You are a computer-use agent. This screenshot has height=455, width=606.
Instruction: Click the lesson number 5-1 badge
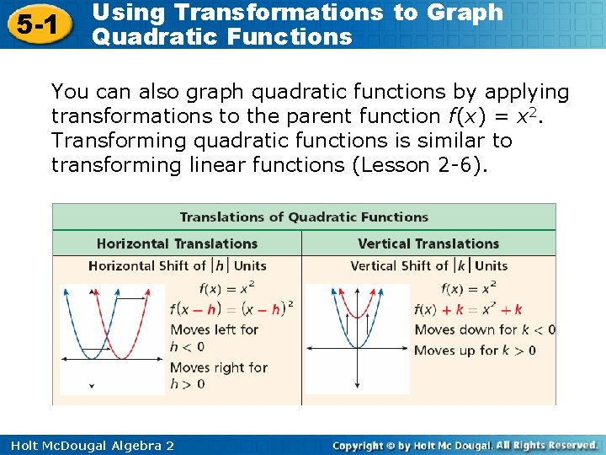coord(35,25)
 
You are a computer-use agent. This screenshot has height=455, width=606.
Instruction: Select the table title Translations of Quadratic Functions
coord(304,217)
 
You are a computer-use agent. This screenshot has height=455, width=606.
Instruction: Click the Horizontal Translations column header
coord(177,244)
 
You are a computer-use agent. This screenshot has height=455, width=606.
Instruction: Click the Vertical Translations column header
coord(428,244)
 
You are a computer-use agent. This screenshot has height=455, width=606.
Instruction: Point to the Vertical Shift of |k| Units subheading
coord(428,265)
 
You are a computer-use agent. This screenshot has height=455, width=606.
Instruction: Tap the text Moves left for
coord(214,329)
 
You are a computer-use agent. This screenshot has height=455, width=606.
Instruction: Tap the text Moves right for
coord(218,367)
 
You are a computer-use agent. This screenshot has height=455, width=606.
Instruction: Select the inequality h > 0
coord(187,384)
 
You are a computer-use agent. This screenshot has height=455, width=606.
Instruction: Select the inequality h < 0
coord(187,346)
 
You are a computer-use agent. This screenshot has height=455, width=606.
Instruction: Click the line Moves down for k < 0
coord(485,329)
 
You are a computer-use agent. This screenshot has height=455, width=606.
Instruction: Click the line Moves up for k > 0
coord(475,350)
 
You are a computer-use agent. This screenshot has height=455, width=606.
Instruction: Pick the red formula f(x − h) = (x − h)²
coord(231,308)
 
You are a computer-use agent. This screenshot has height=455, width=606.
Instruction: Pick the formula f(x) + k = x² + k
coord(469,308)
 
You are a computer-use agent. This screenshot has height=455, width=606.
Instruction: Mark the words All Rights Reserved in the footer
coord(547,445)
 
